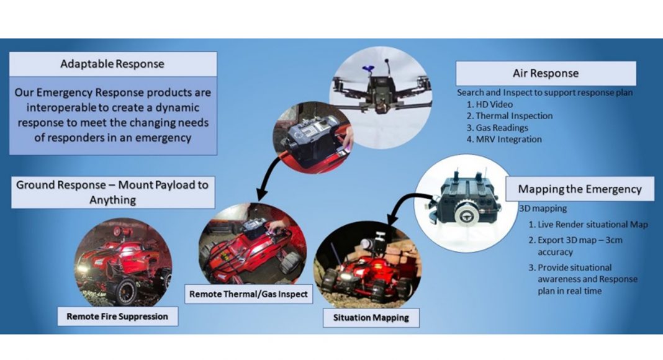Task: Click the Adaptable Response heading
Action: tap(112, 64)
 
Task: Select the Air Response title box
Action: tap(546, 73)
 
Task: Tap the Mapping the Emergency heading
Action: tap(580, 189)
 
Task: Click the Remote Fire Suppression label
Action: tap(117, 317)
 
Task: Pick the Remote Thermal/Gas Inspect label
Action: tap(248, 294)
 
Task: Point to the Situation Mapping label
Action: tap(371, 318)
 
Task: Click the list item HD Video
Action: tap(490, 104)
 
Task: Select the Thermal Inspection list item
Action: tap(510, 116)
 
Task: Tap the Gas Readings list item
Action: tap(497, 128)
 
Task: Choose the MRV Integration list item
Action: tap(504, 139)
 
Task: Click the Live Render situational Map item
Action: tap(588, 224)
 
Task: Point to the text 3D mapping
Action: tap(543, 209)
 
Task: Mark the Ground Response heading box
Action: tap(113, 192)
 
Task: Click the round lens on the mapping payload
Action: tap(466, 214)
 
